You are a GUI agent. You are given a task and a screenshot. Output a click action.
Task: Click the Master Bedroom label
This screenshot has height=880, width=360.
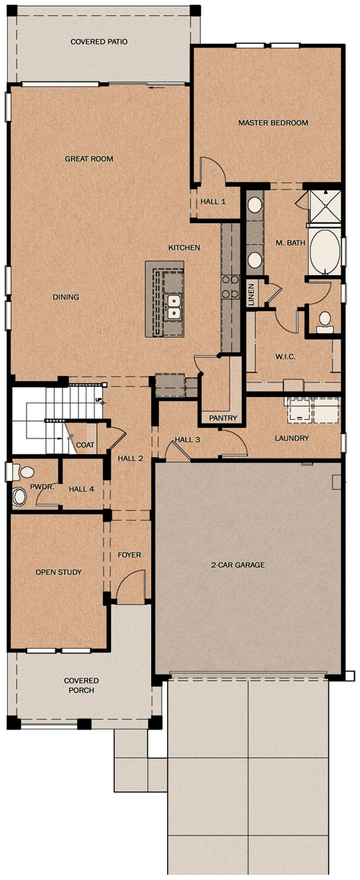pyautogui.click(x=273, y=122)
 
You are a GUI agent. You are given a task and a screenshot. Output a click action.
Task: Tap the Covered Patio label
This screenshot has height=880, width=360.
pyautogui.click(x=99, y=41)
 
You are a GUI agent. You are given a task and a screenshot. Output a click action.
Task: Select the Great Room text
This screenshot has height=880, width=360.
pyautogui.click(x=89, y=158)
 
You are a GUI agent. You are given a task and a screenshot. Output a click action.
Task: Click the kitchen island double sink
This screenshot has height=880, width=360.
pyautogui.click(x=174, y=307)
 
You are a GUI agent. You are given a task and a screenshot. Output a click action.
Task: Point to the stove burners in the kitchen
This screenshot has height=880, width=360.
pyautogui.click(x=230, y=286)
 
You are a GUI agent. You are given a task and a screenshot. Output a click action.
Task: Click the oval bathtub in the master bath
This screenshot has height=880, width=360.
pyautogui.click(x=325, y=252)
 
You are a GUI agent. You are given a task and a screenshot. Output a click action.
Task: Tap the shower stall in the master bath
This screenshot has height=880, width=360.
pyautogui.click(x=324, y=207)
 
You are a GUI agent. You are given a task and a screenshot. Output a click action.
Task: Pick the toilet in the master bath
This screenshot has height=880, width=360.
pyautogui.click(x=325, y=321)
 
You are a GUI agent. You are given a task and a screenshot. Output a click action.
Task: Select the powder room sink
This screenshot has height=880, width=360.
pyautogui.click(x=19, y=497)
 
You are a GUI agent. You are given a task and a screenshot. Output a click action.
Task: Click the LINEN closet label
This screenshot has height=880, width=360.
pyautogui.click(x=252, y=294)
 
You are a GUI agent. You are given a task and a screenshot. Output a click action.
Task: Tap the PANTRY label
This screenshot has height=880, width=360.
pyautogui.click(x=223, y=418)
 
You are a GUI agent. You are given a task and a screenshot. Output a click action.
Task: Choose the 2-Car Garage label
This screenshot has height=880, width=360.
pyautogui.click(x=238, y=565)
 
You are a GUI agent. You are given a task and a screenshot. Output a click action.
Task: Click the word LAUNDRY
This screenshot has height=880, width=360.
pyautogui.click(x=292, y=438)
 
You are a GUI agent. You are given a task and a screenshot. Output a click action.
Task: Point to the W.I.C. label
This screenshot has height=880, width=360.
pyautogui.click(x=285, y=356)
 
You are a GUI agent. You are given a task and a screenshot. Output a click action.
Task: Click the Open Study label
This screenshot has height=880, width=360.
pyautogui.click(x=58, y=572)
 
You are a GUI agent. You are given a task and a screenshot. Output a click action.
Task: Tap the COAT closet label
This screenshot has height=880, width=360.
pyautogui.click(x=85, y=445)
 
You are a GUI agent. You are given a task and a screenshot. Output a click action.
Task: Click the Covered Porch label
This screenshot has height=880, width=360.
pyautogui.click(x=81, y=685)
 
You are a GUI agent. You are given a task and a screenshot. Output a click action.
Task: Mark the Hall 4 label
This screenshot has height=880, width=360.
pyautogui.click(x=81, y=489)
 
